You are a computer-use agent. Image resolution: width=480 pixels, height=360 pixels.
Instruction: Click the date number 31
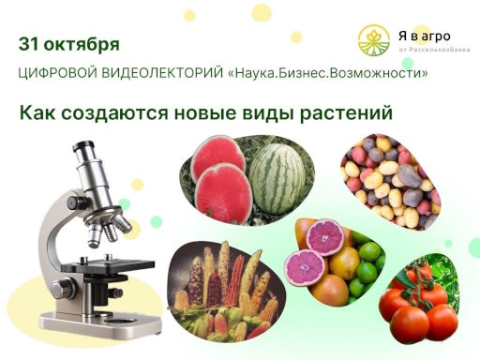click(30, 44)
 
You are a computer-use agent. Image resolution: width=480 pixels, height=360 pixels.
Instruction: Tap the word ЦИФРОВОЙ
click(56, 75)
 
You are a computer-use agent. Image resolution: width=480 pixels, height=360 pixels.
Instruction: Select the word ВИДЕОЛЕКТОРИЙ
click(161, 75)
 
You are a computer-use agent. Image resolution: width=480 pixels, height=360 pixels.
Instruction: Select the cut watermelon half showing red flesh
click(217, 158)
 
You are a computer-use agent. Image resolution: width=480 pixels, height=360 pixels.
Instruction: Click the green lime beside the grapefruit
click(370, 253)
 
